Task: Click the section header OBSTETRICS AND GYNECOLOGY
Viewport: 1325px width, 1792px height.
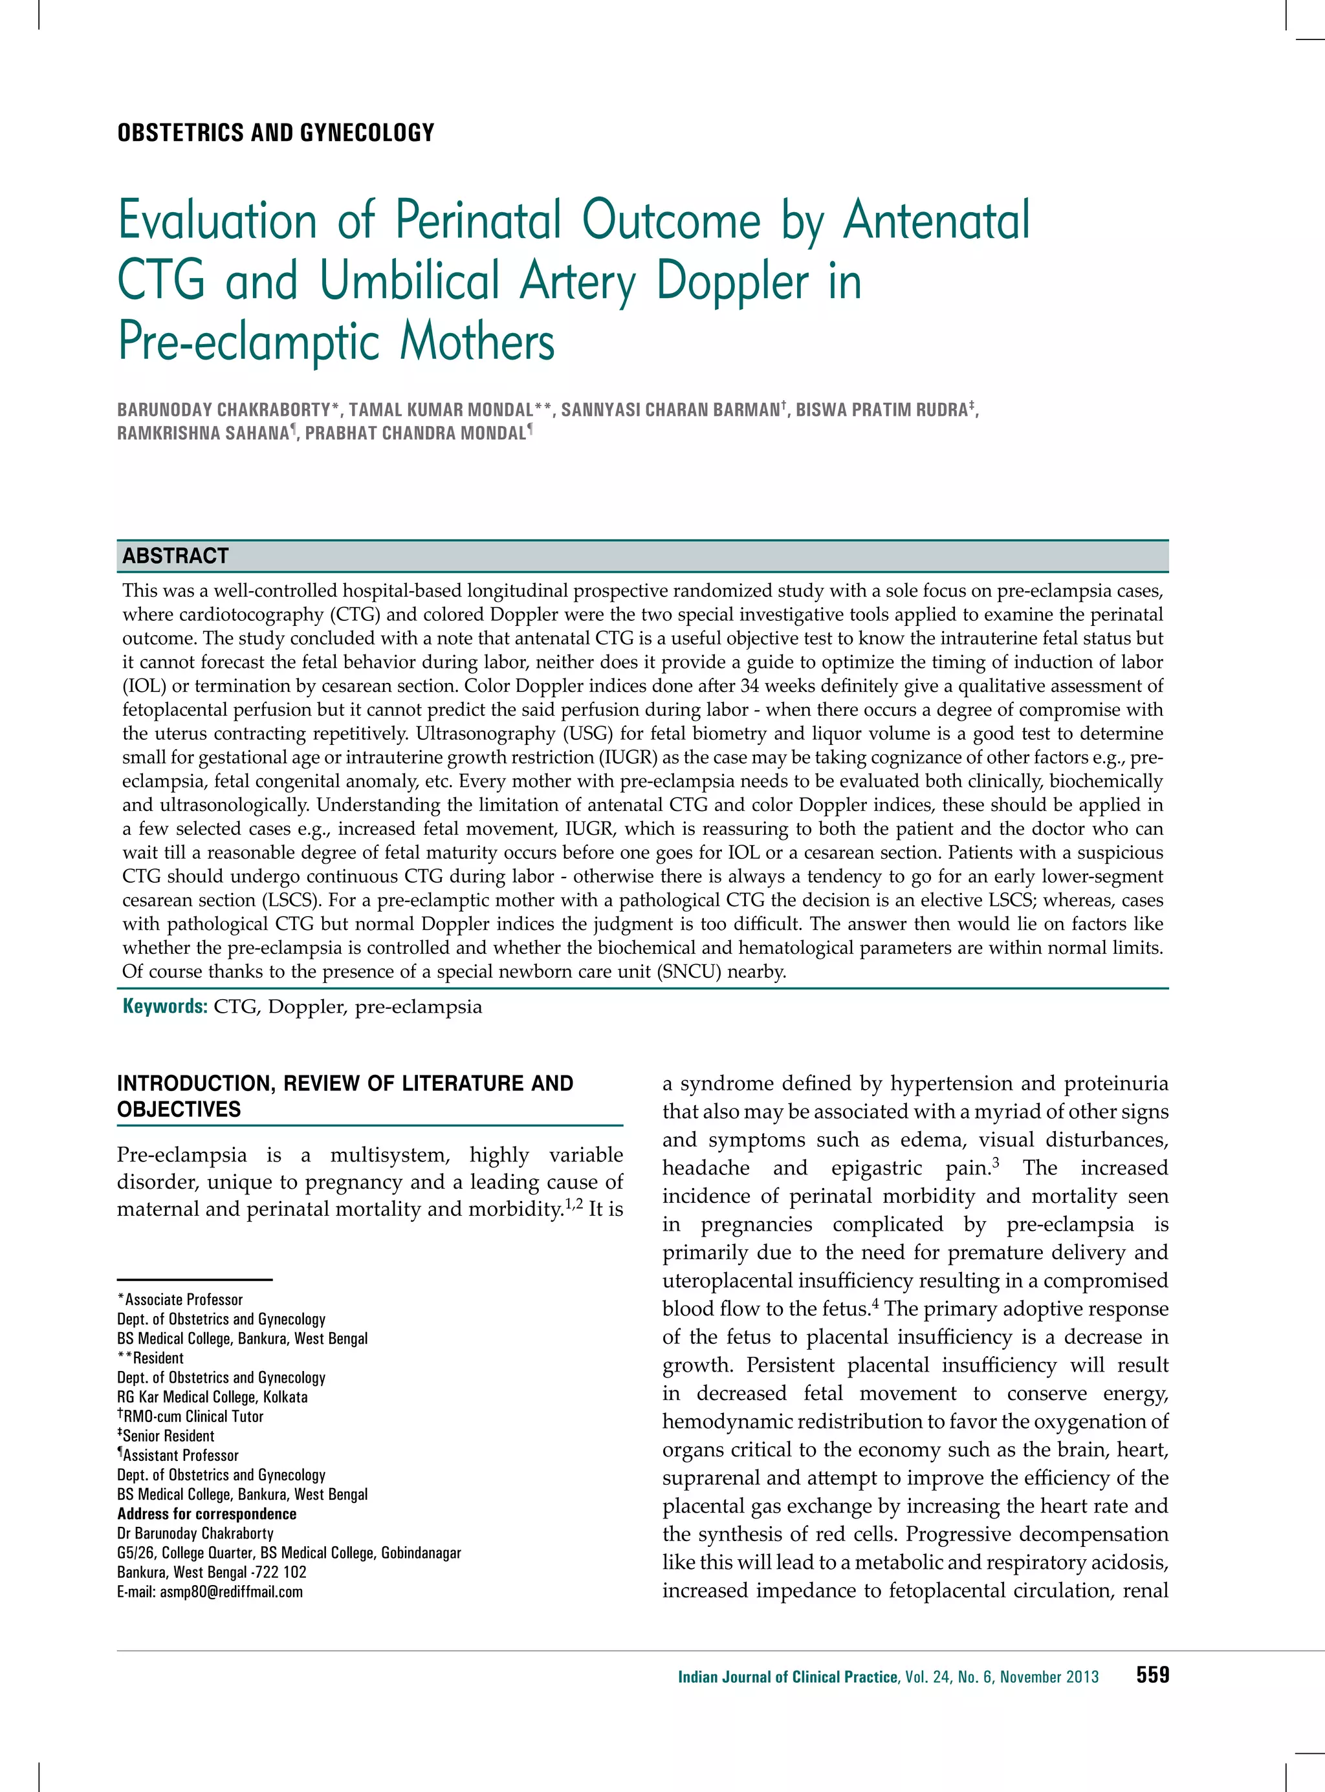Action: [x=275, y=133]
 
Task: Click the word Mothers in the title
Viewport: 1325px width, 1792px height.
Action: [x=477, y=342]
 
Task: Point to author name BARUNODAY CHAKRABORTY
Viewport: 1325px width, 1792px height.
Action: [x=224, y=410]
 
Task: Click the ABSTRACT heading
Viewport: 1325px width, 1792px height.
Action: [x=175, y=556]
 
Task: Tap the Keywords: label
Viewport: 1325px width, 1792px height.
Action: [x=165, y=1006]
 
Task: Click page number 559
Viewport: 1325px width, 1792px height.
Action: [x=1152, y=1675]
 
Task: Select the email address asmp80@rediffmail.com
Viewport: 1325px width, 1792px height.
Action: [x=231, y=1592]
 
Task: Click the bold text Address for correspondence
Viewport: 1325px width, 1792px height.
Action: [x=207, y=1514]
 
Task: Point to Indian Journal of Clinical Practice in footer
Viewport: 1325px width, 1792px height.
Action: [x=787, y=1676]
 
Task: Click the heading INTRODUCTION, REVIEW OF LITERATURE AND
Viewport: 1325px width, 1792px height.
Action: [x=345, y=1083]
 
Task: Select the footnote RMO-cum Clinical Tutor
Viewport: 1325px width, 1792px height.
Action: [x=193, y=1416]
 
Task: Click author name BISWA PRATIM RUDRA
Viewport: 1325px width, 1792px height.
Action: [x=881, y=410]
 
